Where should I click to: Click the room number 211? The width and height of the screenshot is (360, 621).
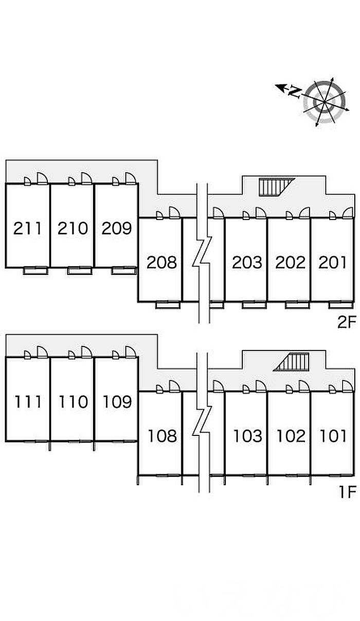pos(28,228)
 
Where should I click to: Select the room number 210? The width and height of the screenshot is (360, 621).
pos(73,228)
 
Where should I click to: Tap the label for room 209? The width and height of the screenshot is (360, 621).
pos(117,228)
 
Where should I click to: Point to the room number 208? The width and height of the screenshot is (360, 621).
pos(161,262)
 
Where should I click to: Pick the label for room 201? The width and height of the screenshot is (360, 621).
pos(333,262)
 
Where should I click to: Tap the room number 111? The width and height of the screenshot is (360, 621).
pos(28,401)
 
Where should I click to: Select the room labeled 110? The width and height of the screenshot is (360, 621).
pos(73,401)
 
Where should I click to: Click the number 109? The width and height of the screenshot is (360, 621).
pos(117,401)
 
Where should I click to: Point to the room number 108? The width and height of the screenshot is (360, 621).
pos(161,436)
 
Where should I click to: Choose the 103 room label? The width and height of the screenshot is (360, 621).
pos(247,436)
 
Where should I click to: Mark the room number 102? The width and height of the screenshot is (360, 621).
pos(291,436)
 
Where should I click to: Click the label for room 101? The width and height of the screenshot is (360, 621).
pos(333,436)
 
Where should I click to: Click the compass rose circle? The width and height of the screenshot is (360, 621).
pos(324,101)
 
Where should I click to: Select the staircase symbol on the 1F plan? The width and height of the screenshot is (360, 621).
pos(293,361)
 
